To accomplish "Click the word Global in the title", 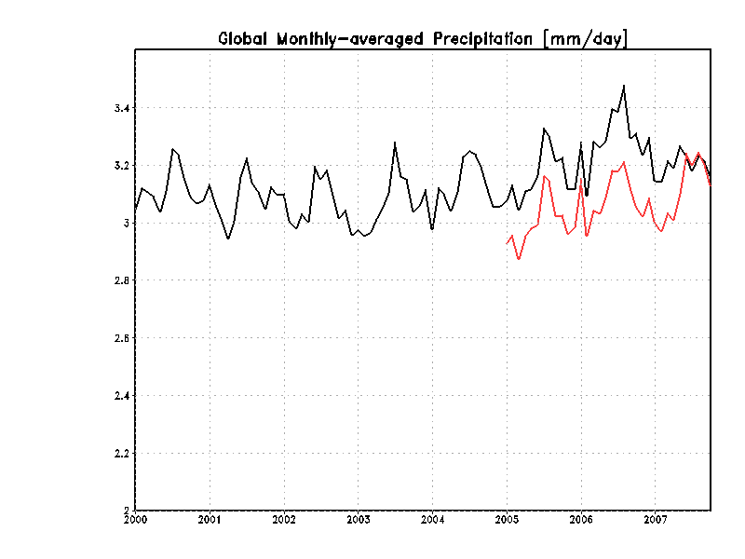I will pyautogui.click(x=244, y=38).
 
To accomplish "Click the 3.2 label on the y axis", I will pyautogui.click(x=121, y=166).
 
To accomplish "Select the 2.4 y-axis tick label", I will pyautogui.click(x=121, y=396).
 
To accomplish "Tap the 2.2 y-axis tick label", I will pyautogui.click(x=121, y=454).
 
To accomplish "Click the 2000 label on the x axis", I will pyautogui.click(x=136, y=519).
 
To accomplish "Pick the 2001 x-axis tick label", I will pyautogui.click(x=210, y=519).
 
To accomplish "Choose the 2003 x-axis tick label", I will pyautogui.click(x=359, y=519).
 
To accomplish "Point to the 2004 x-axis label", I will pyautogui.click(x=432, y=519).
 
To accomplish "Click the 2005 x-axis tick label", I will pyautogui.click(x=507, y=519).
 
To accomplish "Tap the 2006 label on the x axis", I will pyautogui.click(x=581, y=519).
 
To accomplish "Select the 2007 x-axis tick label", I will pyautogui.click(x=656, y=519).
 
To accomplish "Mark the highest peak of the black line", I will pyautogui.click(x=624, y=86).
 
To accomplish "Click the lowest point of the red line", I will pyautogui.click(x=519, y=259).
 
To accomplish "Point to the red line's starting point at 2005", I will pyautogui.click(x=507, y=244).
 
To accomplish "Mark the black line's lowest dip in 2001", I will pyautogui.click(x=228, y=239).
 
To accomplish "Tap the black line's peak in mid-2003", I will pyautogui.click(x=395, y=143).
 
